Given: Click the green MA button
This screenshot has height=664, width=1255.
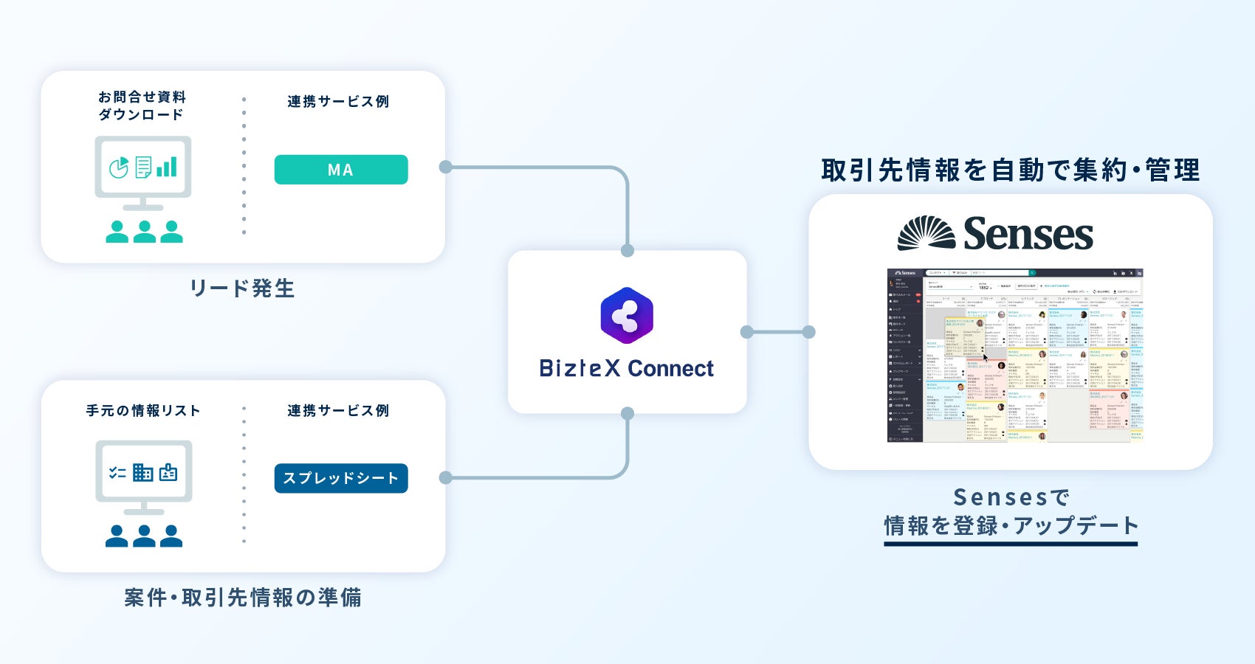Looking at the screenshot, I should coord(340,170).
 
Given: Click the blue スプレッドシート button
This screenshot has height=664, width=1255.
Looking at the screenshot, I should coord(340,478).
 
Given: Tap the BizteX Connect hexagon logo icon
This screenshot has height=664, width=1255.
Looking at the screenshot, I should coord(627,316).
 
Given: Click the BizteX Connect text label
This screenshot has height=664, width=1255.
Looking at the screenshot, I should coord(627,368).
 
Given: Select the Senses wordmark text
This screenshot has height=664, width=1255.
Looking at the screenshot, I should coord(1028,234).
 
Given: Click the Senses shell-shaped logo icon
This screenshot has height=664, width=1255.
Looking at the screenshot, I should coord(926,233).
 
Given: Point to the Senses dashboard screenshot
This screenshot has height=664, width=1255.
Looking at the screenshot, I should coord(1015,355).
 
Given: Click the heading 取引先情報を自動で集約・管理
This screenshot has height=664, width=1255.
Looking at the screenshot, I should coord(1011,170).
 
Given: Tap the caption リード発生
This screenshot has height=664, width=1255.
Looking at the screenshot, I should coord(243,288).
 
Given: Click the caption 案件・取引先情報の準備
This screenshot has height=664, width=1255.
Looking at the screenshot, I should coord(243,598).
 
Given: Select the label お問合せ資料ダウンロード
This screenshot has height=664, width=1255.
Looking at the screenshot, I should coord(142,106).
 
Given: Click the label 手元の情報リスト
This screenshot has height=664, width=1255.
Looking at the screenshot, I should coord(143,411).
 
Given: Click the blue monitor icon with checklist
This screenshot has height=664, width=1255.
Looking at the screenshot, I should coord(143,474).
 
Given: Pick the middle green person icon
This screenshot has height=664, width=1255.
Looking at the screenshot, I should coord(144,232).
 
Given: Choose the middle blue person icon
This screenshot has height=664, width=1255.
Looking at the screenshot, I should coord(144,536).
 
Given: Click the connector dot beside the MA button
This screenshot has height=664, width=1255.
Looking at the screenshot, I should coord(446,167).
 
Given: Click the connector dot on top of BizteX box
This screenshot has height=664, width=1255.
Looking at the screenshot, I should coord(627,251).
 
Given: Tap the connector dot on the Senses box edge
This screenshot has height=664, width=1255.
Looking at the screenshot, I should coord(809,332).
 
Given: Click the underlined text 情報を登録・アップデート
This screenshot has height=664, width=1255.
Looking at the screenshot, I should coord(1011,526).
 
